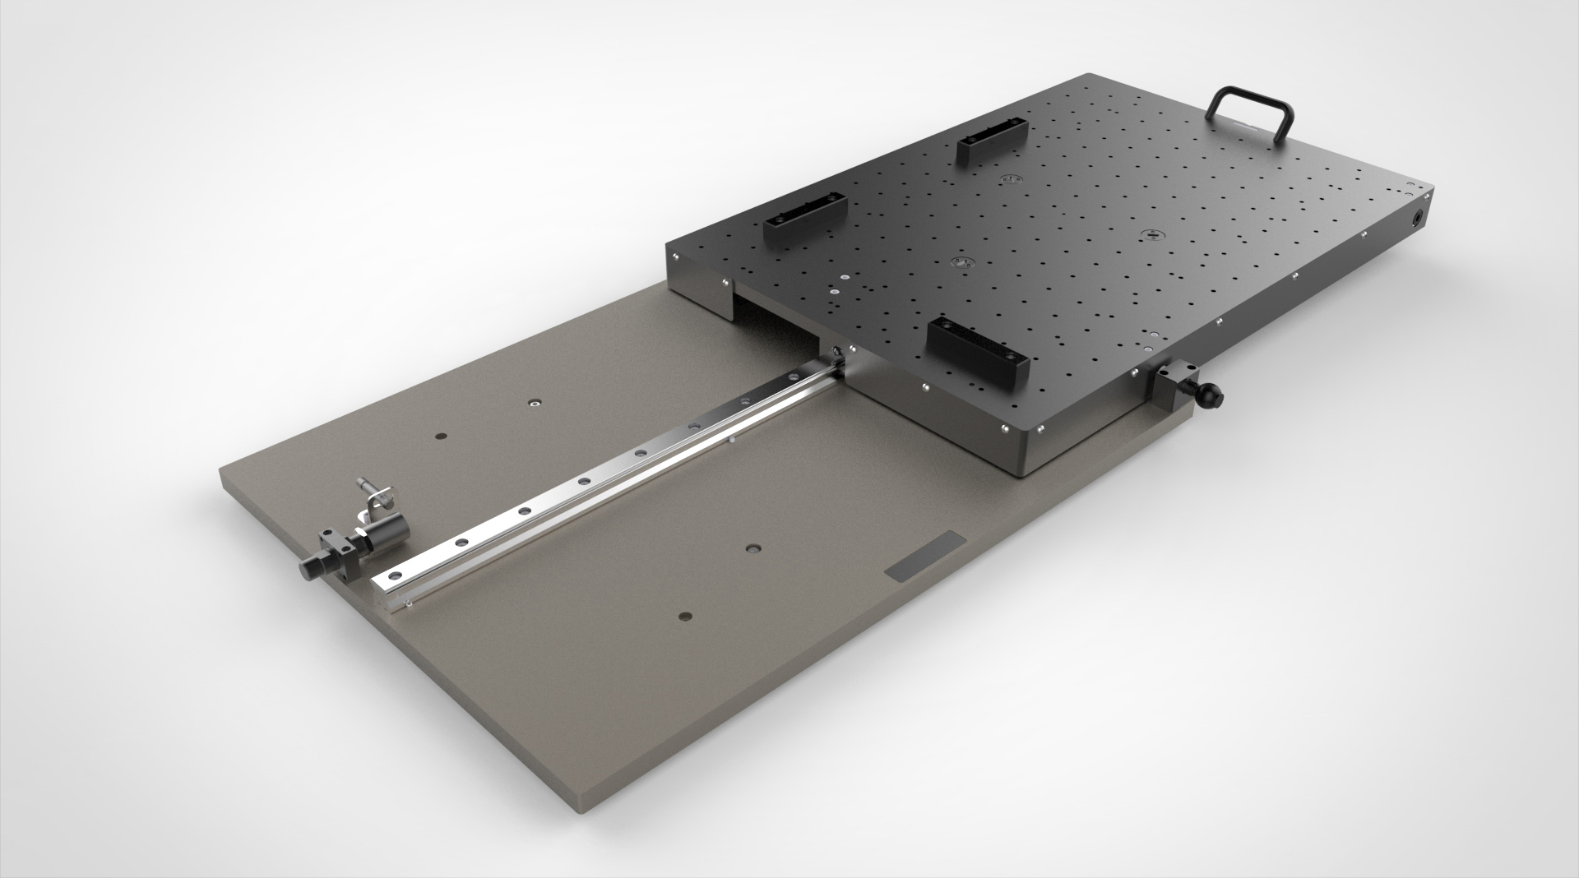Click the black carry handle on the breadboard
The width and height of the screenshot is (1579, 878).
point(1252,98)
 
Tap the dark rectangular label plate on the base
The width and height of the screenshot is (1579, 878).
point(925,560)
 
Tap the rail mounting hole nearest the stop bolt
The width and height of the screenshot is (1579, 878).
point(396,574)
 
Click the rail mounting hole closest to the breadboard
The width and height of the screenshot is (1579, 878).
point(745,401)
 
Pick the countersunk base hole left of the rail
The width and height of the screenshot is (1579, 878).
point(535,404)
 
